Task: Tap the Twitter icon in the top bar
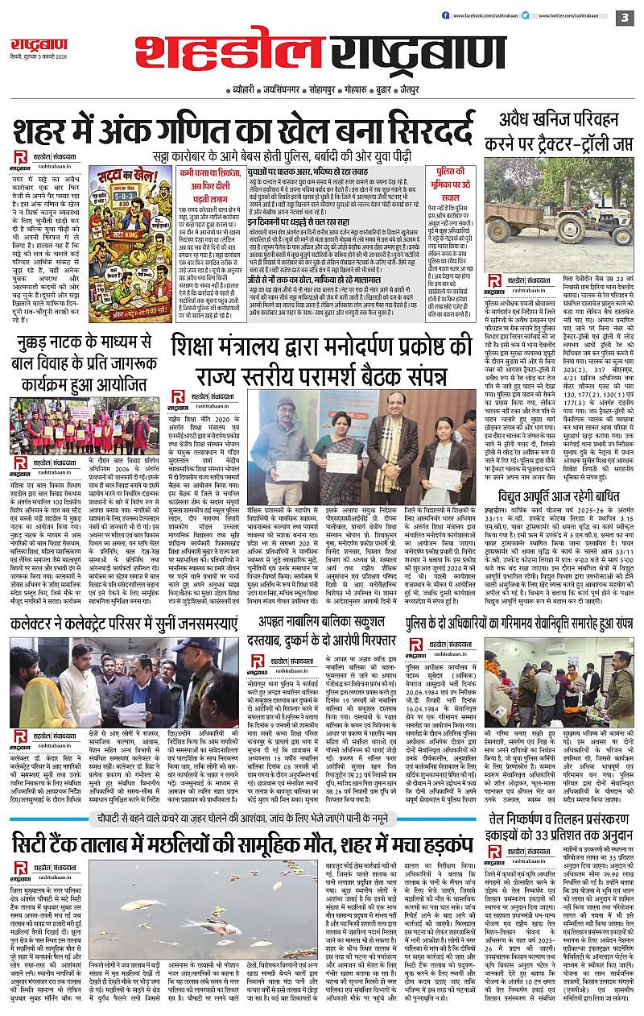528,15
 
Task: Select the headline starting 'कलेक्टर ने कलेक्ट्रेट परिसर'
125,622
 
